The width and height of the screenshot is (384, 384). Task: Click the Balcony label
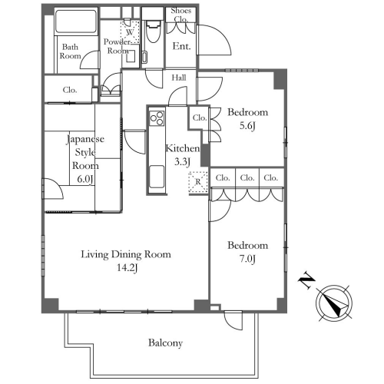coord(165,343)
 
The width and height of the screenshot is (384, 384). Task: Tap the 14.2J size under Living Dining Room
coord(127,268)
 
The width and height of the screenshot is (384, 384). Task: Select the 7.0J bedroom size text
coord(247,259)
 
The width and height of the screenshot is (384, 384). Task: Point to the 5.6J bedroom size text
coord(247,126)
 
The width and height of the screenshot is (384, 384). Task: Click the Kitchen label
coord(183,148)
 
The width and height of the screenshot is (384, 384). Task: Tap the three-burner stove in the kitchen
coord(157,118)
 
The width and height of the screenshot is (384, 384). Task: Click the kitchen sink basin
coord(157,177)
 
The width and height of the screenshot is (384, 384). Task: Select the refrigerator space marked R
coord(198,182)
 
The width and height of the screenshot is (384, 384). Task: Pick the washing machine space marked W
coord(130,32)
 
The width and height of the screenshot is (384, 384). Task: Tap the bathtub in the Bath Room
coord(76,22)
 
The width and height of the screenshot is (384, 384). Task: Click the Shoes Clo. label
coord(181,15)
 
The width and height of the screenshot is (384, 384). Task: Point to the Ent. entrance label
coord(181,46)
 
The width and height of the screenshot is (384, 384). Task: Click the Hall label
coord(179,78)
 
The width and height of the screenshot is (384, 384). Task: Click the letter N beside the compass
coord(306,280)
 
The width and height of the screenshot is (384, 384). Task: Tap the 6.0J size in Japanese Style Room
coord(84,179)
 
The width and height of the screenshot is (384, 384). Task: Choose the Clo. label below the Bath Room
coord(70,90)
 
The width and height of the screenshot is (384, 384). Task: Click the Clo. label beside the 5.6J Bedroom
coord(200,118)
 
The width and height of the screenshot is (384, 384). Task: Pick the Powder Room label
coord(118,46)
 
